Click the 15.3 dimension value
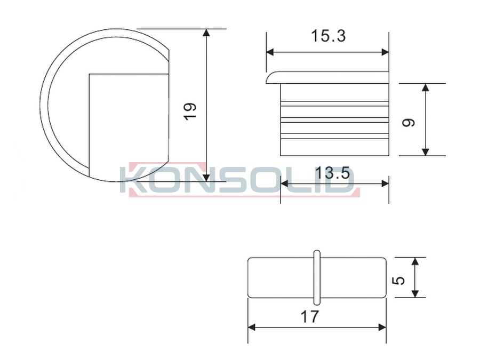point(328,36)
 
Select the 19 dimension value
point(190,111)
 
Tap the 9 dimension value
point(409,122)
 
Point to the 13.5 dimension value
point(332,173)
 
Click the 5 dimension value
point(398,280)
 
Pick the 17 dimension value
point(310,316)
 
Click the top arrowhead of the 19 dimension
point(206,33)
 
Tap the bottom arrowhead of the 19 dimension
point(206,178)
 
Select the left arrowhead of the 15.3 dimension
point(270,52)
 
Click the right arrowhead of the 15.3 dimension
point(385,52)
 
